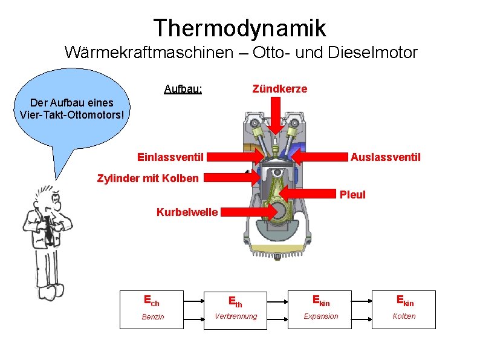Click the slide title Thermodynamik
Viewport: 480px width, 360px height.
239,28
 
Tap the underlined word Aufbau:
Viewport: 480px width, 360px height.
183,90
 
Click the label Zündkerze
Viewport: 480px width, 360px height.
279,89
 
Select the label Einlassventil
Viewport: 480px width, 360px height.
170,157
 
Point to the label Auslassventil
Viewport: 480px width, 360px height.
385,157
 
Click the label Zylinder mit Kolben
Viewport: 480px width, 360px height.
148,178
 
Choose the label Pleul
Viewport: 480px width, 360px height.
352,195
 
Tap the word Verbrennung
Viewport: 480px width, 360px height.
236,316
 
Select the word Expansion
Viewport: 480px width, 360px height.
320,316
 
